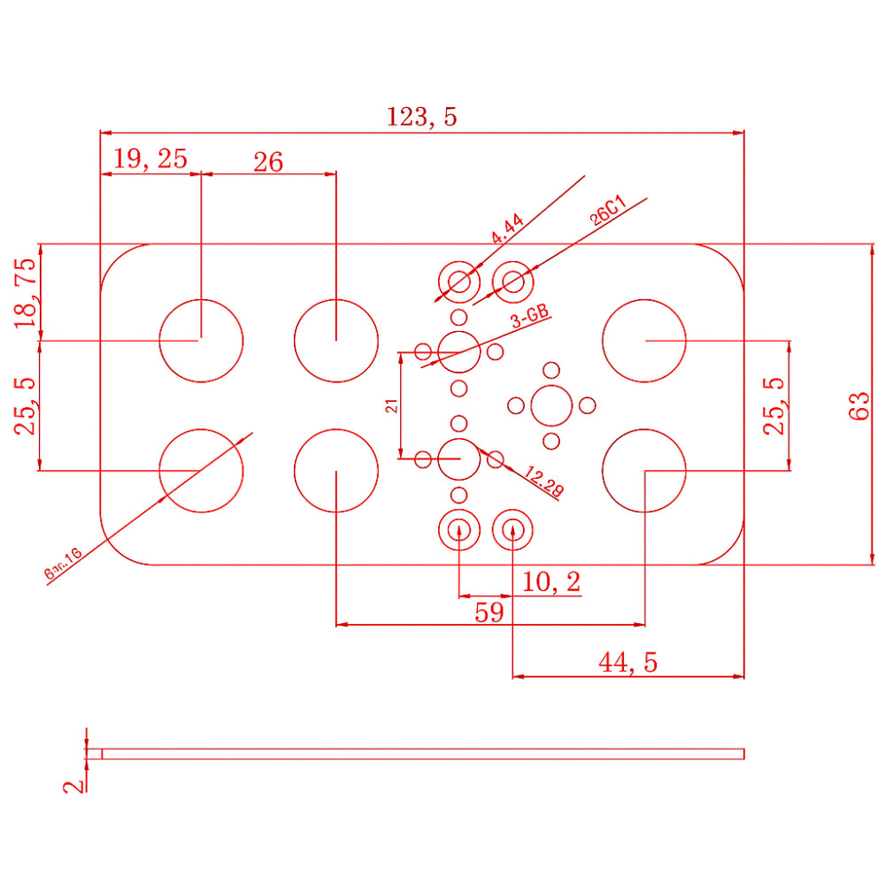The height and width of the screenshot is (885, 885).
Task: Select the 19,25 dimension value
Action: pos(150,159)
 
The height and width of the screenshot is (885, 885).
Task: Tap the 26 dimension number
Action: pos(268,162)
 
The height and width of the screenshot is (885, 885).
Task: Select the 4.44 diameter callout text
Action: pos(508,228)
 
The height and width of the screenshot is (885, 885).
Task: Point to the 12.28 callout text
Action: pos(543,481)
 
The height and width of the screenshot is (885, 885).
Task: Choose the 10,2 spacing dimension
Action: pos(551,582)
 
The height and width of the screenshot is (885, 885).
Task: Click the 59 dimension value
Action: pos(489,612)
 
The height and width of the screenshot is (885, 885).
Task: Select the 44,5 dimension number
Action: pos(628,662)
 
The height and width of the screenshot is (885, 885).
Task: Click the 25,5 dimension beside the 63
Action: pos(775,405)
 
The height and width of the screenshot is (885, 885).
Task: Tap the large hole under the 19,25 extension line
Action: pos(201,340)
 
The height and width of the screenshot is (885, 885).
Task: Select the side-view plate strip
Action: pos(416,754)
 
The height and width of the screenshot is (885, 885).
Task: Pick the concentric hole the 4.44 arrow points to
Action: pos(459,282)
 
